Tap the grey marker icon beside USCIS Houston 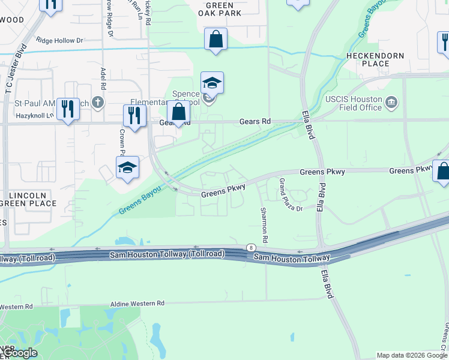tap(392, 101)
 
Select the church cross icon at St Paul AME tap(98, 103)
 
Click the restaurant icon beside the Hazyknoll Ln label tap(68, 109)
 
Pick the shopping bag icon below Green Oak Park tap(215, 40)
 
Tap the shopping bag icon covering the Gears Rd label tap(178, 112)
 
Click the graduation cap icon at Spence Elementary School tap(212, 83)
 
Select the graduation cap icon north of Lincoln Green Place tap(127, 168)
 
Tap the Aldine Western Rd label tap(137, 304)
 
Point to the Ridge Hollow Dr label tap(59, 41)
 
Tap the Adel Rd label tap(103, 77)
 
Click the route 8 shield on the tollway tap(250, 248)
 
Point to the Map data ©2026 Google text tap(411, 355)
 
